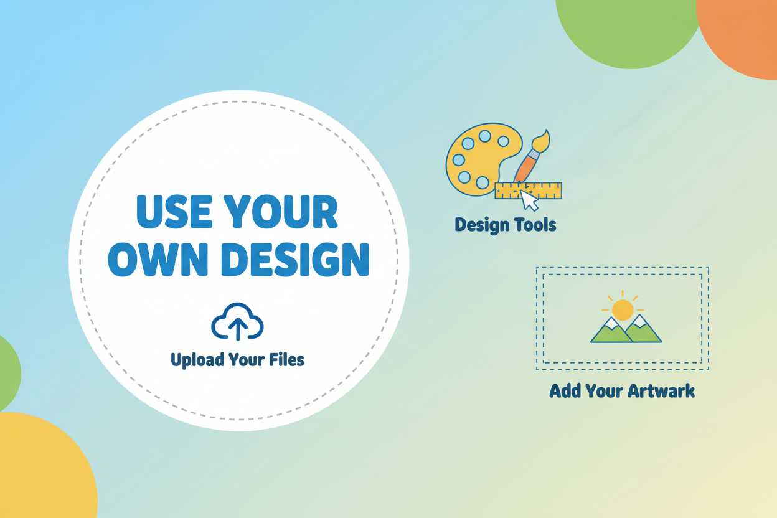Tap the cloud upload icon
(237, 322)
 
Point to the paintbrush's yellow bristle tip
(542, 141)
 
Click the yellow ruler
(548, 191)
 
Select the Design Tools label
(506, 224)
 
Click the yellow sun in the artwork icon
(623, 309)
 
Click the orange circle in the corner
(744, 31)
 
